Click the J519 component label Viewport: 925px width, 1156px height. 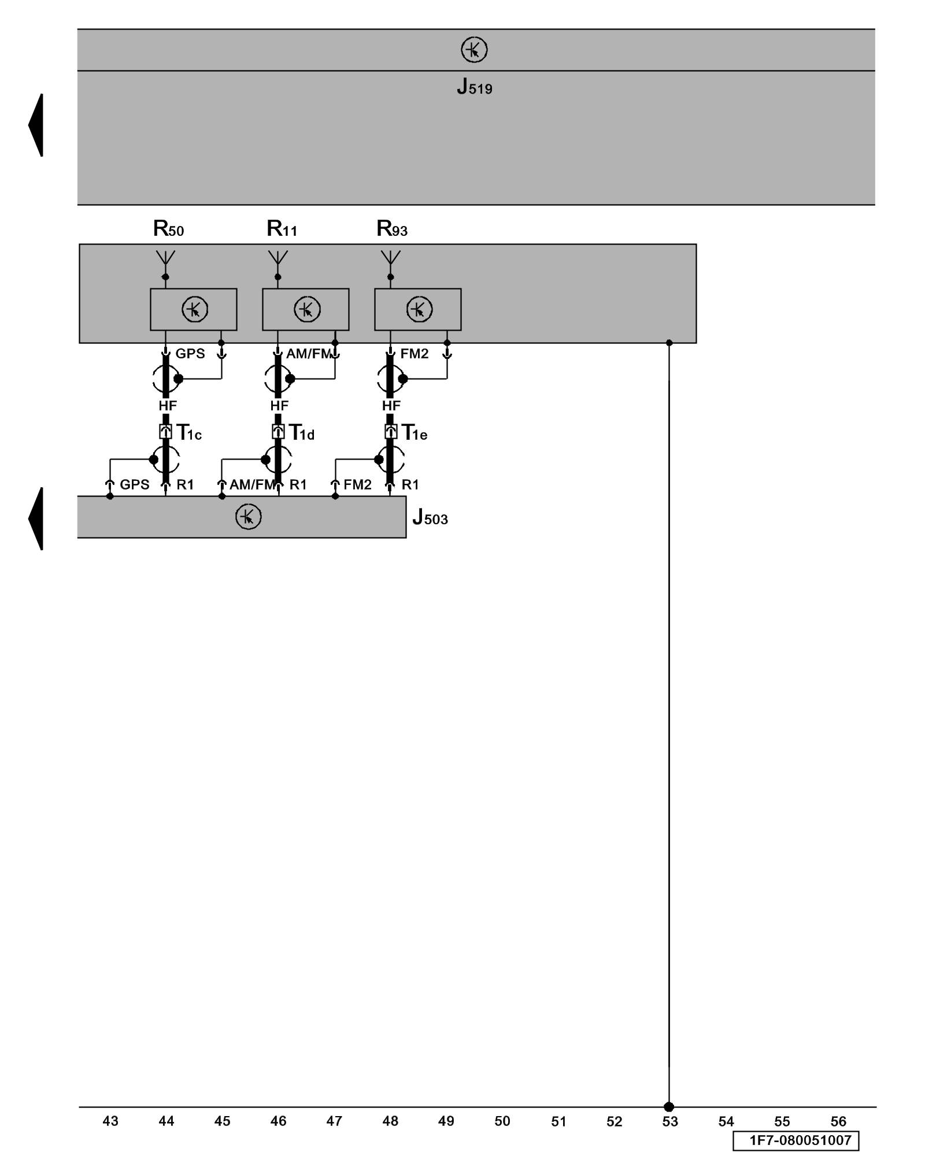[x=474, y=87]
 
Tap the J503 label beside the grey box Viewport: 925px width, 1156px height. [x=430, y=517]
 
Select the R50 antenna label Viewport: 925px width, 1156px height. [x=168, y=228]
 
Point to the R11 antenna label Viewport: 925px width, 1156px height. [x=282, y=228]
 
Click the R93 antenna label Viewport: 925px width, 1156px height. [x=392, y=228]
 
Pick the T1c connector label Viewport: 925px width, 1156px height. [x=189, y=432]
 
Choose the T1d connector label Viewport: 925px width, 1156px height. [x=302, y=432]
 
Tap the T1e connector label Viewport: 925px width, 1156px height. [x=415, y=432]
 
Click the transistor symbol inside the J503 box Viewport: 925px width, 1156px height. [x=249, y=517]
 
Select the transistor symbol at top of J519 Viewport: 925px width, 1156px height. [x=474, y=50]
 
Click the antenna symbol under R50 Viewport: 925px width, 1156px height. [x=165, y=258]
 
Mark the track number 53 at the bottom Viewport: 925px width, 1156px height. [x=670, y=1122]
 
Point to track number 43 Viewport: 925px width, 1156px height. [x=110, y=1121]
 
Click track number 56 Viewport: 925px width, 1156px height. [x=838, y=1121]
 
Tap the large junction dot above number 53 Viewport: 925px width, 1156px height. [x=669, y=1107]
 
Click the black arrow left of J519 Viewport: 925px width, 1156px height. [x=36, y=125]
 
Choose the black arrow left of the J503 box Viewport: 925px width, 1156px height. [x=36, y=518]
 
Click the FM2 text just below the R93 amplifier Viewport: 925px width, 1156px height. [x=415, y=354]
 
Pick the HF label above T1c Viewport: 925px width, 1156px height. [x=168, y=406]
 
